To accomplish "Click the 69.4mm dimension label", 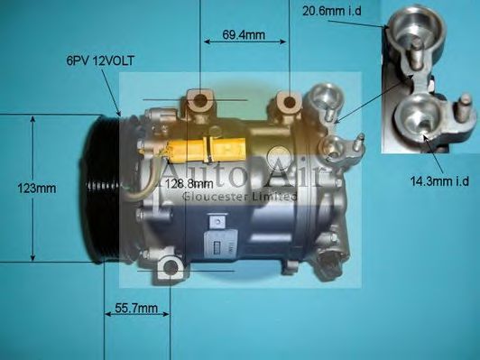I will (243, 35).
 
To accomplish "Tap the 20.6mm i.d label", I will (335, 12).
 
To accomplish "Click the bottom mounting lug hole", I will (170, 268).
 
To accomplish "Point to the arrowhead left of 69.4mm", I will (204, 41).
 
